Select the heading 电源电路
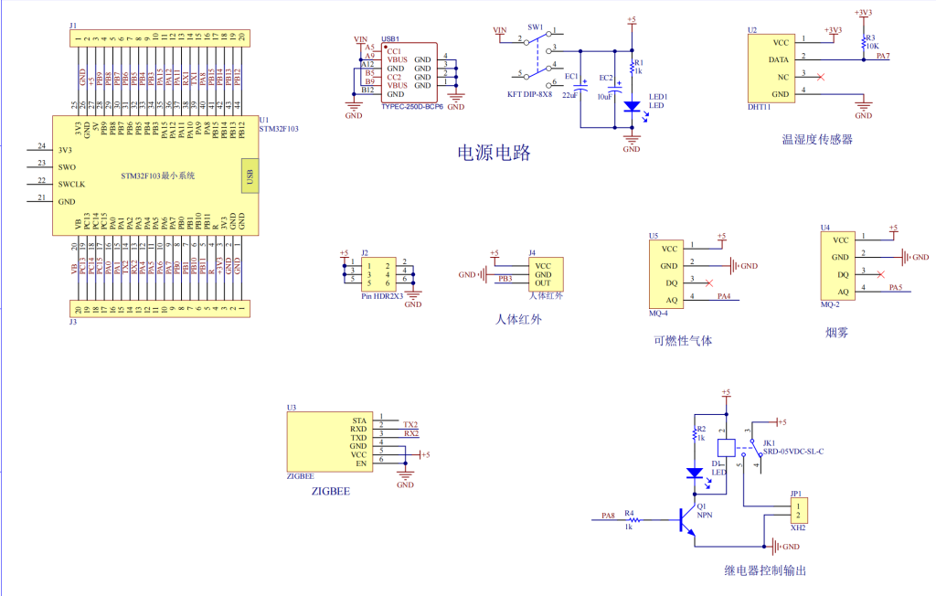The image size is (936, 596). click(x=494, y=153)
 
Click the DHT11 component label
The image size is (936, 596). click(x=759, y=106)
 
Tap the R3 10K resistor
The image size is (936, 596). click(x=864, y=44)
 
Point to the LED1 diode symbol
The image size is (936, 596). click(x=632, y=106)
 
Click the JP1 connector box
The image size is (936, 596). click(x=798, y=509)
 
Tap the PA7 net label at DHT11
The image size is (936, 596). click(x=882, y=57)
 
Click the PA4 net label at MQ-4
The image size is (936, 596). click(x=723, y=296)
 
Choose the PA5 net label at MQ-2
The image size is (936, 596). click(x=896, y=288)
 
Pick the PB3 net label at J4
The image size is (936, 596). click(x=505, y=278)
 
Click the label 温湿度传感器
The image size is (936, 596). click(x=816, y=140)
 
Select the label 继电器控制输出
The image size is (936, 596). click(x=765, y=570)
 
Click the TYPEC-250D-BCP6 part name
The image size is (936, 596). click(x=411, y=107)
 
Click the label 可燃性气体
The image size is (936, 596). click(x=682, y=341)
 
